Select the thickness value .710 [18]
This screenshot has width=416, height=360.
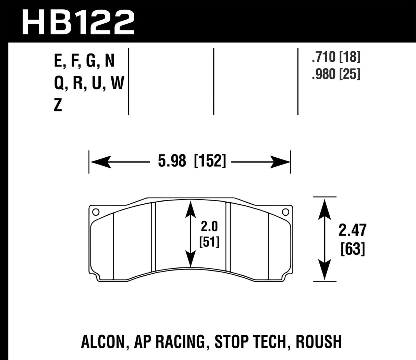(336, 58)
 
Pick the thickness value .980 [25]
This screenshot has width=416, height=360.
(336, 74)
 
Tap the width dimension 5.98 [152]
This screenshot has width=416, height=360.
(192, 161)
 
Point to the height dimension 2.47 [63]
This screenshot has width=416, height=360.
(353, 239)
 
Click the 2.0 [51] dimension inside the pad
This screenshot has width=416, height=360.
(209, 235)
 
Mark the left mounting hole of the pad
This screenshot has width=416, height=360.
(96, 212)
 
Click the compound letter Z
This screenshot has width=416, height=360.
(58, 106)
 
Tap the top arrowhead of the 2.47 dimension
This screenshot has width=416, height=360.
(325, 207)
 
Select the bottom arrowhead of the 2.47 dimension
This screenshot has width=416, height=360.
(325, 271)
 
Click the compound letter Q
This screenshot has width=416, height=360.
(59, 83)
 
